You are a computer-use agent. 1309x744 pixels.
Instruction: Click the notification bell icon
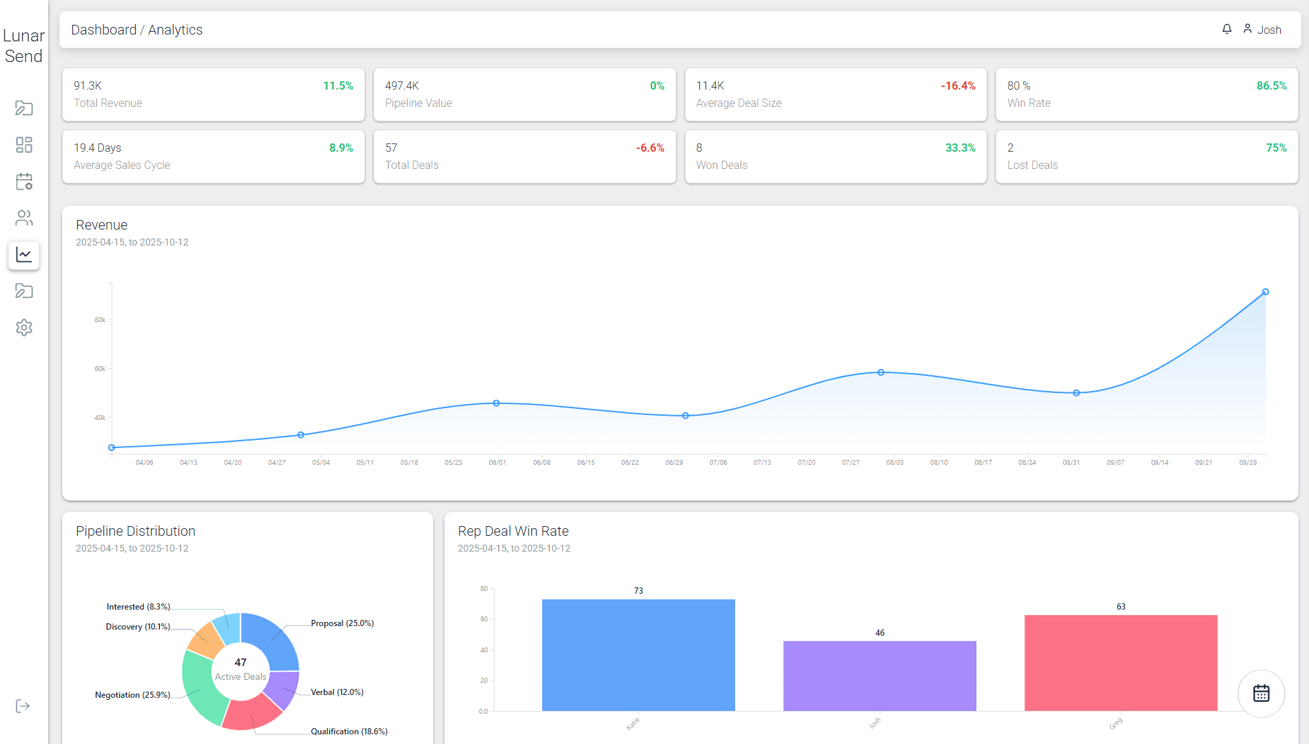click(1227, 29)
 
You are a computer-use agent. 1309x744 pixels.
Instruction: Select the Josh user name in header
click(1269, 30)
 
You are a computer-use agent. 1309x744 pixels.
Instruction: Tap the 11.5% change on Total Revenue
click(338, 86)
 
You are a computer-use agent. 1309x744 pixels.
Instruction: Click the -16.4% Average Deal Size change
click(958, 86)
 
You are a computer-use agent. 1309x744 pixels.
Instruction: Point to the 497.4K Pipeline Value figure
click(402, 86)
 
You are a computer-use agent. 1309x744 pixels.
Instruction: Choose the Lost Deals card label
click(1032, 165)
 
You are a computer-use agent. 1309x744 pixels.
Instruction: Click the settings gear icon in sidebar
click(24, 328)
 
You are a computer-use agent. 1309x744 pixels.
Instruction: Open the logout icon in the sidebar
click(23, 706)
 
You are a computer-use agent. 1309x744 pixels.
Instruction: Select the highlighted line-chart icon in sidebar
click(24, 255)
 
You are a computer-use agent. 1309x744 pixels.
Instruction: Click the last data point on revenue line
click(1265, 292)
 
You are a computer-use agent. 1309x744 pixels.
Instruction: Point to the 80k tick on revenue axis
click(100, 320)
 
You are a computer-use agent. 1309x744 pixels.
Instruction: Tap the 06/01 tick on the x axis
click(497, 463)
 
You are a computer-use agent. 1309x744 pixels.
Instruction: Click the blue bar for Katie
click(638, 655)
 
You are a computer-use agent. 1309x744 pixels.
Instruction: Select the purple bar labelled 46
click(879, 676)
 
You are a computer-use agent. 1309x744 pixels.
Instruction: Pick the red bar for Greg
click(1120, 663)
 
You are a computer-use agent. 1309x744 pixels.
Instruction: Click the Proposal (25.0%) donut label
click(342, 623)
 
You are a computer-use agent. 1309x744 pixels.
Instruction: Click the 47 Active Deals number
click(240, 663)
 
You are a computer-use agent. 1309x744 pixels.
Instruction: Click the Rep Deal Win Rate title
click(513, 531)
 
